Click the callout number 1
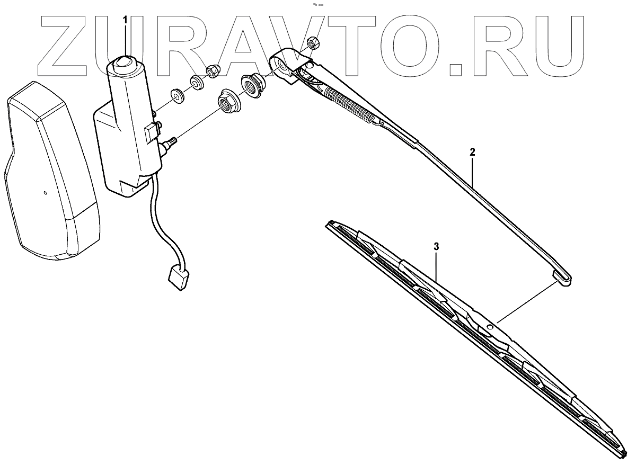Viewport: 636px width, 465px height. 126,20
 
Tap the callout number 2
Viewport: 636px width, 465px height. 472,152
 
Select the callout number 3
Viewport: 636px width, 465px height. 436,247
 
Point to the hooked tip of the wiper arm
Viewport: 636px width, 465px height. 563,279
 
